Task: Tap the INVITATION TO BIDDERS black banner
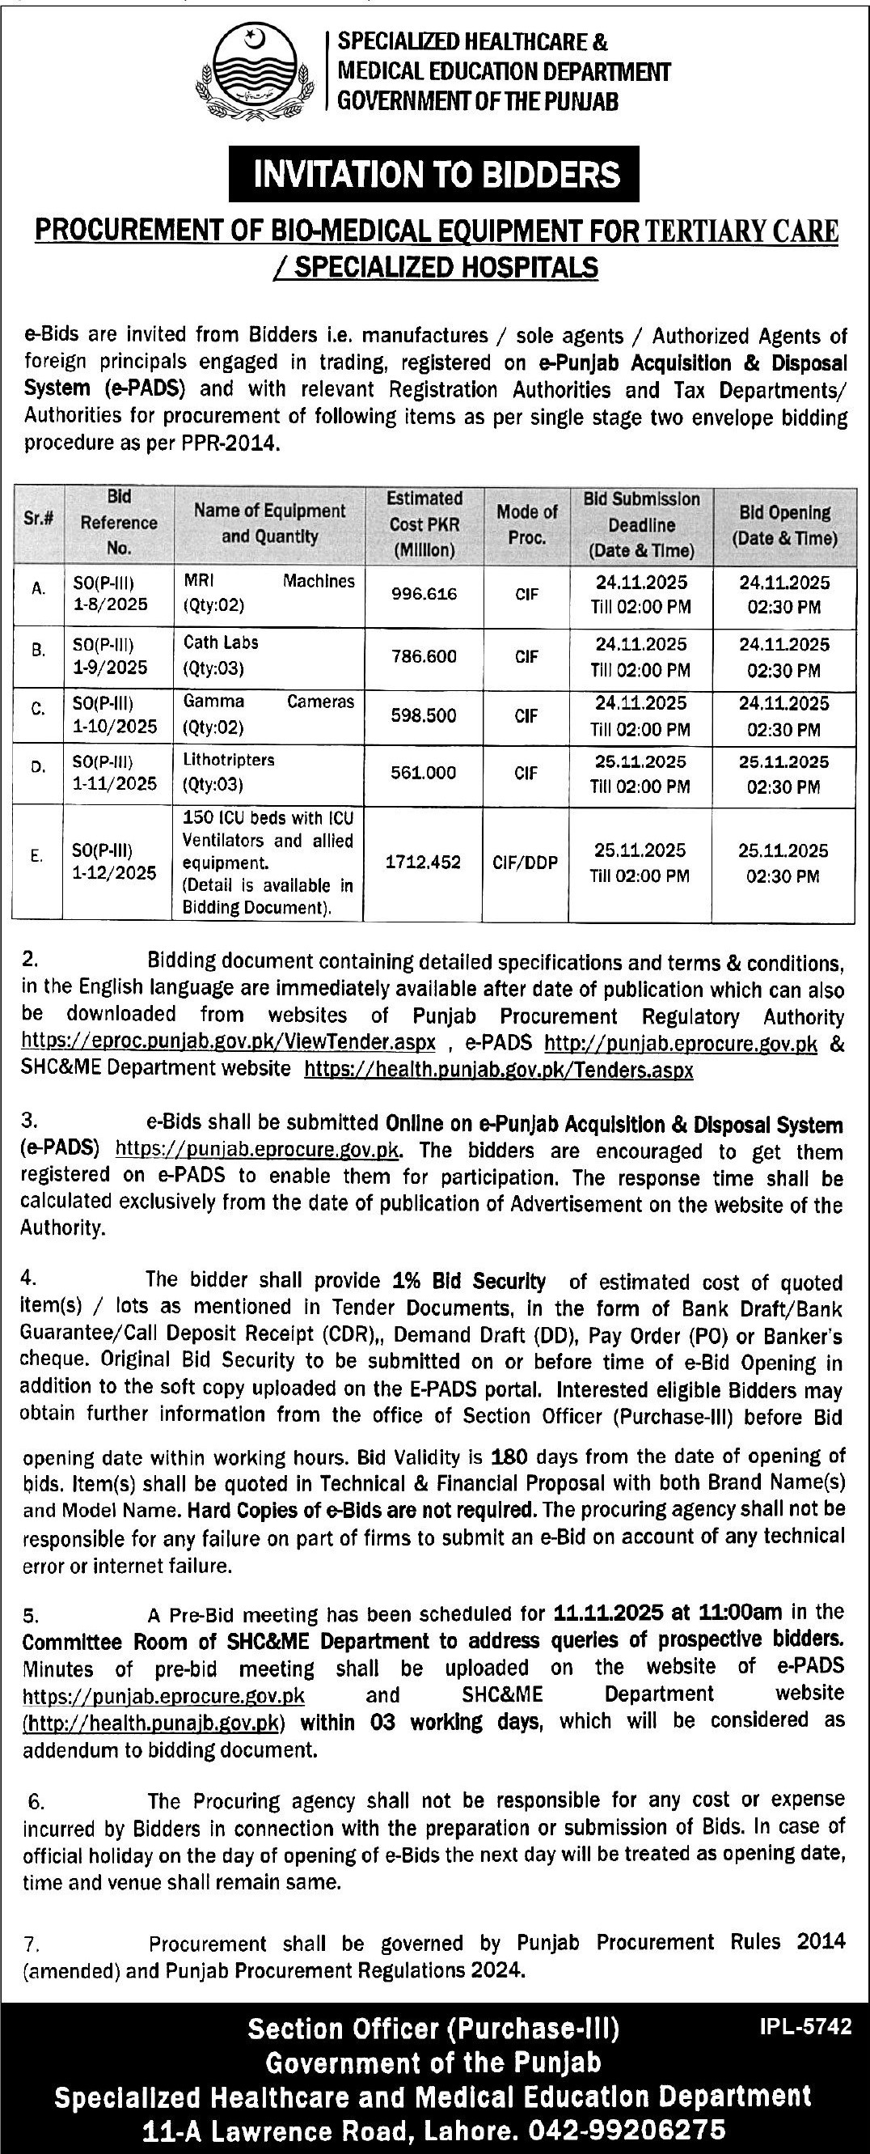(x=433, y=174)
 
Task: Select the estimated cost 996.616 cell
(x=424, y=595)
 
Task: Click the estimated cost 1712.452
(x=423, y=862)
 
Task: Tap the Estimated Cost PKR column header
(x=424, y=524)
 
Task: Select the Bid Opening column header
(x=783, y=525)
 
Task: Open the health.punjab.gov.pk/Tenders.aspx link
(x=498, y=1070)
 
